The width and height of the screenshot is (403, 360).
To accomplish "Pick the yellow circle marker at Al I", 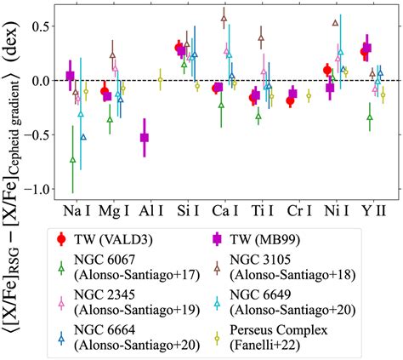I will [160, 81].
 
